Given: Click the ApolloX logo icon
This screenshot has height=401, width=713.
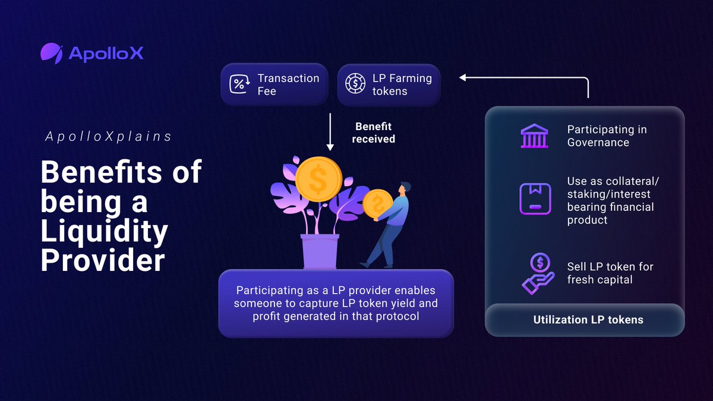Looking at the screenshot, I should coord(52,53).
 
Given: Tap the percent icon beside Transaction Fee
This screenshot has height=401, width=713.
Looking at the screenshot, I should coord(238,84).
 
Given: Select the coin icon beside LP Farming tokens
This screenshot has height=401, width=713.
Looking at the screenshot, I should coord(355,84).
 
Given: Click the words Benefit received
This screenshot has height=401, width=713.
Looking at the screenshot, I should coord(373,132).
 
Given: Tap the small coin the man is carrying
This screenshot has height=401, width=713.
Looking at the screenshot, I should coord(376,204).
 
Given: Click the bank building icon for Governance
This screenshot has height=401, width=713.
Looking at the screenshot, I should coord(535,136).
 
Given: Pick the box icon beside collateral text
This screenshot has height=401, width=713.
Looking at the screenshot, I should coord(535,198).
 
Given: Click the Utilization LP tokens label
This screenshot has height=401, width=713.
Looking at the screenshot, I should coord(588,320).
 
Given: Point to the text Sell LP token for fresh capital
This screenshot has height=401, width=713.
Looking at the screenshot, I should coord(610,273).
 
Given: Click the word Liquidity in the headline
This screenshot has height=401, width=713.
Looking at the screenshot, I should coord(104,231).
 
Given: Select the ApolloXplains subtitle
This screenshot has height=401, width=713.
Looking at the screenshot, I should coord(108,137).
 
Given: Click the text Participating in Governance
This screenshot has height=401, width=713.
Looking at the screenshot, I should coord(607,136).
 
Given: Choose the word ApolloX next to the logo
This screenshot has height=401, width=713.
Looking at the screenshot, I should coord(106,54).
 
